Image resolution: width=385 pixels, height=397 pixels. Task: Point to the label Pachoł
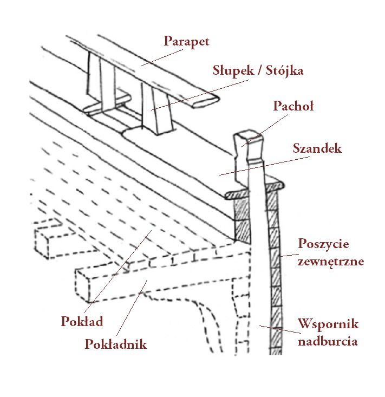[x=293, y=107]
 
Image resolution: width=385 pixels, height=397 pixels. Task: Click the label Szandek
[x=317, y=148]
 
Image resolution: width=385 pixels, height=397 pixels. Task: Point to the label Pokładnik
[x=116, y=344]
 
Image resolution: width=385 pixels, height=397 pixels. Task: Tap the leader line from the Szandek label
[x=265, y=165]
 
